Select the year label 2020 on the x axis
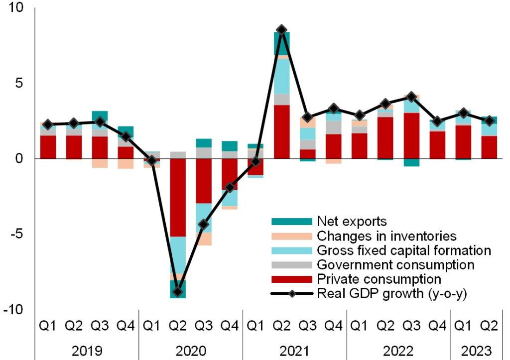point(191,350)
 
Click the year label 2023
point(476,350)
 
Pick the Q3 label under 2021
point(307,326)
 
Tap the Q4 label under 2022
point(437,326)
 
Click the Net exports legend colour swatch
point(291,221)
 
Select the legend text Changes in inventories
point(386,235)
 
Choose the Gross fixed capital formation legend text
point(404,249)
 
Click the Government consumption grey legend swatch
point(291,264)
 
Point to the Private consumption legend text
point(379,278)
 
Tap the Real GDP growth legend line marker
point(291,293)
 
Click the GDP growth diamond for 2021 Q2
point(281,30)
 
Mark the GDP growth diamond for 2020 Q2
point(178,292)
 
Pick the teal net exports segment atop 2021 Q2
point(281,43)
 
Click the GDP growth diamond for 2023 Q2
point(489,120)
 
